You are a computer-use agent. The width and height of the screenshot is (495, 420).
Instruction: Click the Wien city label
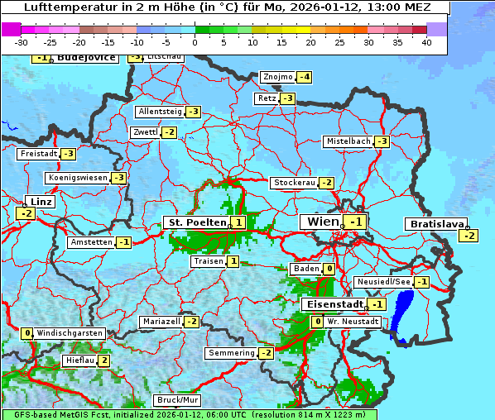pos(323,222)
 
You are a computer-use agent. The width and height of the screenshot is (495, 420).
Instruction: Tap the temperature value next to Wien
pos(356,222)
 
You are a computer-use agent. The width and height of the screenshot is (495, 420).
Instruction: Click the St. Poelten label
pos(196,222)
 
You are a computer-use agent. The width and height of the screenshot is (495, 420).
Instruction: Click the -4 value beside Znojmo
pos(305,77)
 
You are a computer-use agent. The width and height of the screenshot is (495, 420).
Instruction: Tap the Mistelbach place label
pos(348,141)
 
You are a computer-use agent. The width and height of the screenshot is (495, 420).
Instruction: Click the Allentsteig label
pos(160,112)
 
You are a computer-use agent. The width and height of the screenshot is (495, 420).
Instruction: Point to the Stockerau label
pos(294,183)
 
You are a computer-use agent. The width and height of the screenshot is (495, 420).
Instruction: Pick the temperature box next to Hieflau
pos(104,360)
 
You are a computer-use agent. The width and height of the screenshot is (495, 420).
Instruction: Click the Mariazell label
pos(161,321)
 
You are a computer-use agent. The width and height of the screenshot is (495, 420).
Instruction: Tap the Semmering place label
pos(231,353)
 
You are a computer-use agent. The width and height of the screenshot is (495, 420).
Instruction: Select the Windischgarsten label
pos(70,333)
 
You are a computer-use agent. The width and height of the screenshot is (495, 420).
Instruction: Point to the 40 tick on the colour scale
pos(426,42)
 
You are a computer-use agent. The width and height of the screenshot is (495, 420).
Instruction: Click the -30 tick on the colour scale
pos(22,42)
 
